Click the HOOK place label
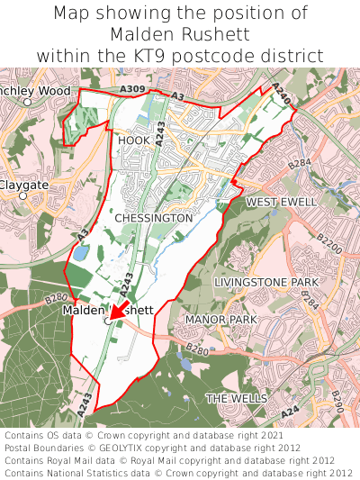[134, 140]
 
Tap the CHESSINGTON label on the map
[154, 218]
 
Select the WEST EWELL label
[282, 202]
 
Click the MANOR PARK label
[220, 320]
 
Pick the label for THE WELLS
[237, 397]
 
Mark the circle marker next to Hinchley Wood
[27, 103]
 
